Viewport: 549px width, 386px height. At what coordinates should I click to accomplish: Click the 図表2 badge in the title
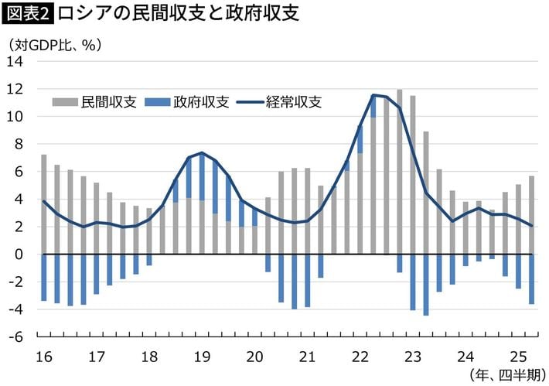(x=29, y=15)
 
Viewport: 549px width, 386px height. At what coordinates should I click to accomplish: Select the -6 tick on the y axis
(x=17, y=337)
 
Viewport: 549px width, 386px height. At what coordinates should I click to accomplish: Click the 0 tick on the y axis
(x=21, y=254)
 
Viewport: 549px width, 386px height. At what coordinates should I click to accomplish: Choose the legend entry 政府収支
(x=190, y=102)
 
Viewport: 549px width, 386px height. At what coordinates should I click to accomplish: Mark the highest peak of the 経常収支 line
(x=373, y=95)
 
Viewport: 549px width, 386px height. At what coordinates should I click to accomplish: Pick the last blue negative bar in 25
(x=532, y=279)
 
